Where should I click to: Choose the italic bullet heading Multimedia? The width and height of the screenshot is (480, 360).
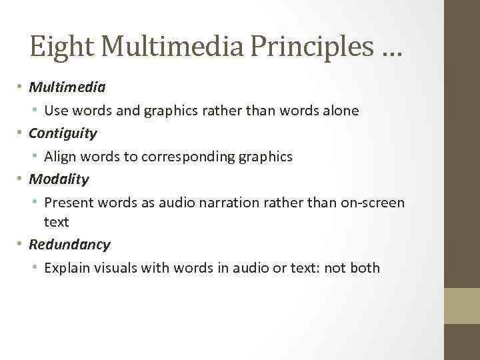click(67, 87)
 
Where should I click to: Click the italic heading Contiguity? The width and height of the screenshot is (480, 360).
click(63, 133)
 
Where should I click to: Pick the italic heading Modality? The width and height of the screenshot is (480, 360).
click(59, 179)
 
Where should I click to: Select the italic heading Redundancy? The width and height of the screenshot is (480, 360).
click(69, 244)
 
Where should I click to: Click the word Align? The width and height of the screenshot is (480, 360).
click(60, 157)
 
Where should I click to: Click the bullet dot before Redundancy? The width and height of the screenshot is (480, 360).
click(21, 245)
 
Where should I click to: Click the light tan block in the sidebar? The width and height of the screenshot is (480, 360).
click(462, 305)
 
